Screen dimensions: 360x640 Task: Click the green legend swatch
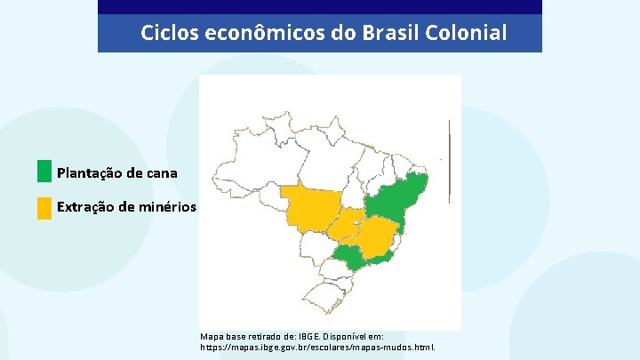[x=44, y=172]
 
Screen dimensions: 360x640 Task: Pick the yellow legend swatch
[x=44, y=208]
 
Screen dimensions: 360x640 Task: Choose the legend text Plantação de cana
[x=116, y=172]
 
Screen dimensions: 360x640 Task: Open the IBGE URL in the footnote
[x=317, y=348]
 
